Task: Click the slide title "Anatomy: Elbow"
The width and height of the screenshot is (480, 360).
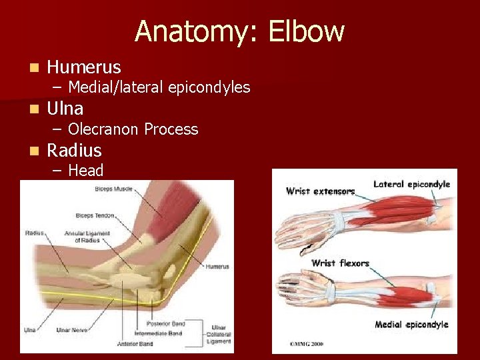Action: pos(239,31)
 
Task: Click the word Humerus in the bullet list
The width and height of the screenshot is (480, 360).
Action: pos(84,67)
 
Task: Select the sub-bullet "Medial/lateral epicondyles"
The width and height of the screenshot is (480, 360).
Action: pos(159,87)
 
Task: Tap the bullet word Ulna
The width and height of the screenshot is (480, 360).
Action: pos(65,108)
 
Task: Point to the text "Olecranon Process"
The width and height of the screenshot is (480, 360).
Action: pos(133,129)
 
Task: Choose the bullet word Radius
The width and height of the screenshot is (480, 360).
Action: pos(74,150)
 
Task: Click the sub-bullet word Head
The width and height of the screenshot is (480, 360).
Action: pos(85,171)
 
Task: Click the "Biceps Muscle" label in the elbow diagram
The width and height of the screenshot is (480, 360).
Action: pos(113,189)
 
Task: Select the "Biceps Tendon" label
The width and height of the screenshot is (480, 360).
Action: pos(95,215)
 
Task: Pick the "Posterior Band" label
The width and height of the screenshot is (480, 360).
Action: pos(169,323)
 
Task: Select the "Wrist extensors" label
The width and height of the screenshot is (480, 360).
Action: pos(320,191)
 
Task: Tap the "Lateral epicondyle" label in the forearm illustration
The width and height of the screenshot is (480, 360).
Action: pos(411,184)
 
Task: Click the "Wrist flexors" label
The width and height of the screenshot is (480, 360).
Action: pos(340,263)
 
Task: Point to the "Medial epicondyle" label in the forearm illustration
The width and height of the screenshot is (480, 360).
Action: pos(411,325)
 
